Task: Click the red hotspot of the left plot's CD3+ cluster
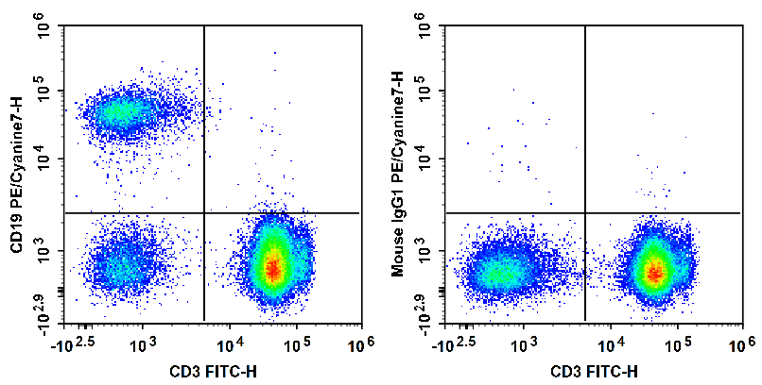273,268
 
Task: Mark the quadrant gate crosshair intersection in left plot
204,212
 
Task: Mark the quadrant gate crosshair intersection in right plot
585,212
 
